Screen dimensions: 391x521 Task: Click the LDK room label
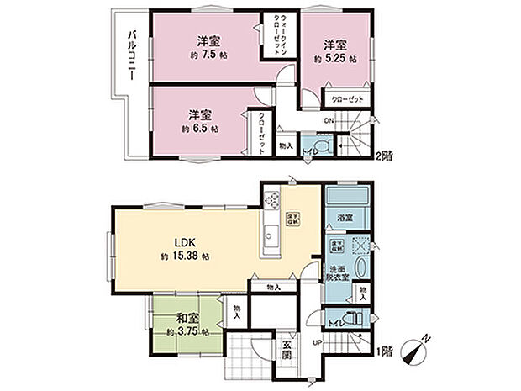pos(185,241)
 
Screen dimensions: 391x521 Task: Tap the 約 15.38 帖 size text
pos(186,256)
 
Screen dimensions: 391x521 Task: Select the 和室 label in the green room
pos(187,319)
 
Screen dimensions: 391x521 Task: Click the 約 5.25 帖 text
pos(334,59)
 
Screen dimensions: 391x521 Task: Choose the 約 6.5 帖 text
pos(200,129)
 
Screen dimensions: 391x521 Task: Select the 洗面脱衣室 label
pos(337,275)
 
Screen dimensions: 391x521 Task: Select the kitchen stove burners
pos(272,200)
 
